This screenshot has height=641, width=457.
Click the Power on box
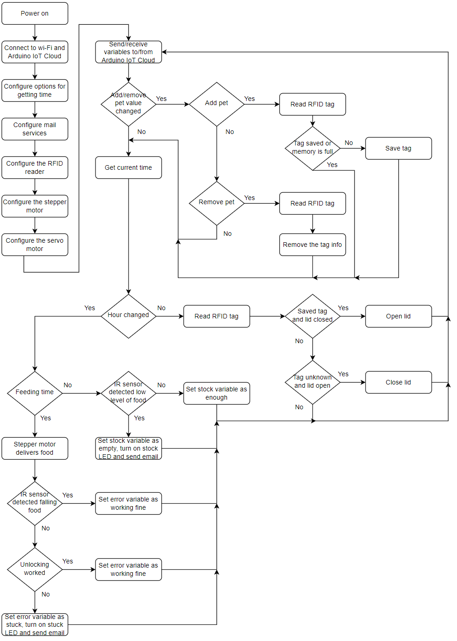tap(35, 13)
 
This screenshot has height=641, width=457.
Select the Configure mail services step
tap(35, 129)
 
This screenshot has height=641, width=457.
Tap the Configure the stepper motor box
tap(35, 206)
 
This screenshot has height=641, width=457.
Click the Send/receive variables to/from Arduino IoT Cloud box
tap(129, 52)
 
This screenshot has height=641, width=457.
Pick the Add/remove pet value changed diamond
tap(129, 104)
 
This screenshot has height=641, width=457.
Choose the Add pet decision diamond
tap(217, 104)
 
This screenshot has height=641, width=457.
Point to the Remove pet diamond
tap(217, 203)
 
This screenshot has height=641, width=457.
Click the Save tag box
tap(398, 148)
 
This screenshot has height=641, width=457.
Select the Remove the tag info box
tap(312, 245)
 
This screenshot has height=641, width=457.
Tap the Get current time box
tap(129, 167)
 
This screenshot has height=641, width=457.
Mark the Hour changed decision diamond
tap(129, 316)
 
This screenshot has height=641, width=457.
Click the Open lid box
tap(398, 316)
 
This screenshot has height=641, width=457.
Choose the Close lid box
tap(398, 382)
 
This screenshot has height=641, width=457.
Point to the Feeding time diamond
tap(35, 393)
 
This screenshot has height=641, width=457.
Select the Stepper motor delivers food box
tap(35, 448)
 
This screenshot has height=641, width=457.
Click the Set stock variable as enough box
tap(217, 393)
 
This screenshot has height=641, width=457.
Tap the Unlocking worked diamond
tap(35, 569)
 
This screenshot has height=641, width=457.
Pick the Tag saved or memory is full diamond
tap(312, 148)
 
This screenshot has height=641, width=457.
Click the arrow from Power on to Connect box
tap(35, 33)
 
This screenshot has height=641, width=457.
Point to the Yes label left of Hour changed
tap(90, 308)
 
